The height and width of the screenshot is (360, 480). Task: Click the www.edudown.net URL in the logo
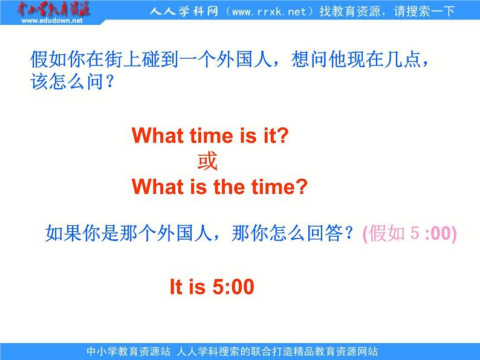point(52,21)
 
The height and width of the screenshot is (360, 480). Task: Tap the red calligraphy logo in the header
point(53,9)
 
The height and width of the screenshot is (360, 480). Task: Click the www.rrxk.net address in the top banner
point(269,11)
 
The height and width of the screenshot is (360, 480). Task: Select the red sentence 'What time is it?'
point(210,135)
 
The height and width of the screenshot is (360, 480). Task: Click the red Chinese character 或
point(207,161)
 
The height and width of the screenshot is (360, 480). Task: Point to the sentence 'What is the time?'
point(219,187)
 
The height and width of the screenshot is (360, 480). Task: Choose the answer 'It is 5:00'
point(212,286)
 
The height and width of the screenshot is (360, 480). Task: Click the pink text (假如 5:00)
point(410,233)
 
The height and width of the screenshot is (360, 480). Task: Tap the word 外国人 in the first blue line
point(244,59)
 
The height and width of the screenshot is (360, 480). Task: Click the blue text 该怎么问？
point(73,82)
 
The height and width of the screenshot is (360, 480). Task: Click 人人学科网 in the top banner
point(184,11)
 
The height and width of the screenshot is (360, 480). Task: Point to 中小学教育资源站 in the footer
point(128,351)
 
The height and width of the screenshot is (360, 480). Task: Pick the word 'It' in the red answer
point(176,286)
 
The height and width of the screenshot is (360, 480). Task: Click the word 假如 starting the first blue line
point(48,59)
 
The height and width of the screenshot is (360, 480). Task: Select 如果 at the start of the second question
point(63,233)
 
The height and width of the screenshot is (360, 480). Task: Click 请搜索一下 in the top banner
point(424,11)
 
